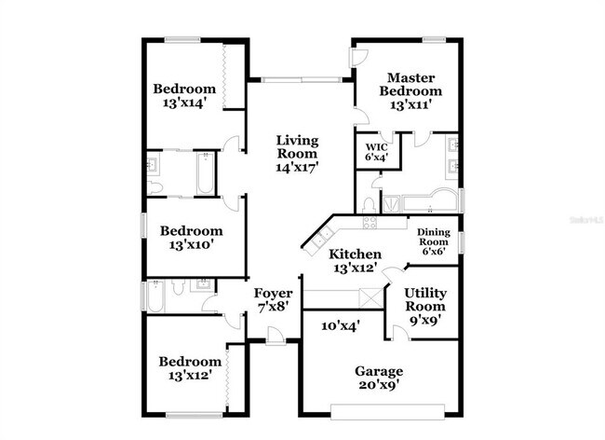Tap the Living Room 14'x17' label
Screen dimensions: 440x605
[297, 155]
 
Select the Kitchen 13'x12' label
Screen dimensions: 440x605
[355, 260]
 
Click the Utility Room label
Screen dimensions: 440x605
[423, 306]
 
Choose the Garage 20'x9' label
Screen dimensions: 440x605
[379, 378]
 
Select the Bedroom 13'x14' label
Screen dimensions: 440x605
[189, 96]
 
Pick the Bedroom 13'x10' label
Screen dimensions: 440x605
[191, 238]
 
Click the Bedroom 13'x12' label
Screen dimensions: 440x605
[190, 368]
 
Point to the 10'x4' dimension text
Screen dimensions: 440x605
[341, 325]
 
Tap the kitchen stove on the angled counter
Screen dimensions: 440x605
[370, 222]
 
